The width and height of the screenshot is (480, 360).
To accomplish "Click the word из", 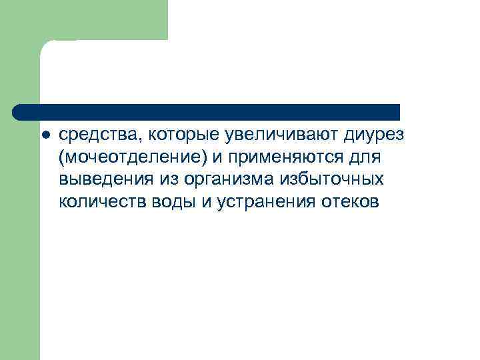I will pos(166,180).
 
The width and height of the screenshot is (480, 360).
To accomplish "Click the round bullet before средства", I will pos(45,135).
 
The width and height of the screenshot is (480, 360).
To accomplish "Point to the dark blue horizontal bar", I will pos(207,111).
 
